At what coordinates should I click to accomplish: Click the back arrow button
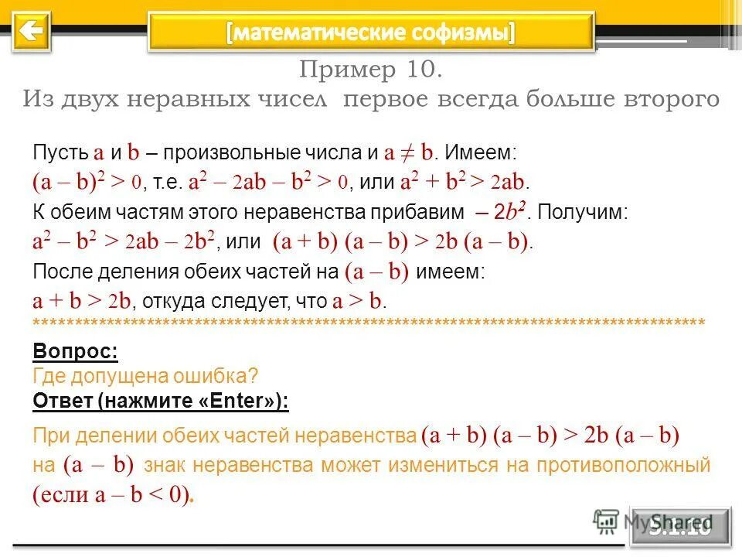(31, 32)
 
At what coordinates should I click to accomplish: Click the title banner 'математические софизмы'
(371, 32)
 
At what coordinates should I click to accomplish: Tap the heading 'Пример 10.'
(371, 70)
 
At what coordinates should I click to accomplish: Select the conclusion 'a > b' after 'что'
(357, 302)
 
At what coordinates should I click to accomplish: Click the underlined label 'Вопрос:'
(75, 352)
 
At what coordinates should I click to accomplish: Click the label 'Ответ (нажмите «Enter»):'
(161, 402)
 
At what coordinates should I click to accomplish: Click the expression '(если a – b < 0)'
(113, 495)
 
